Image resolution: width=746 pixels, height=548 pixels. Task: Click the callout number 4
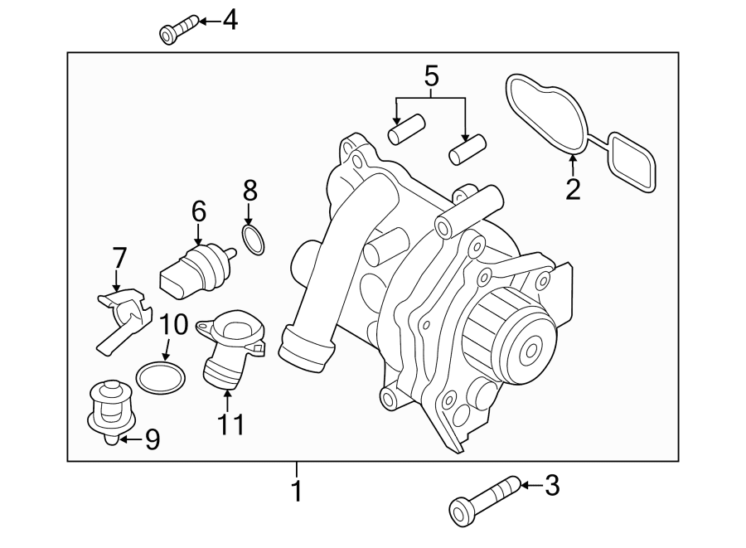pos(229,20)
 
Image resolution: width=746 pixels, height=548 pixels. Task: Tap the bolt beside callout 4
pos(177,29)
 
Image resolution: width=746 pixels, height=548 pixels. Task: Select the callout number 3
pos(551,485)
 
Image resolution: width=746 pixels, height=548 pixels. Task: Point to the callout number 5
pos(431,78)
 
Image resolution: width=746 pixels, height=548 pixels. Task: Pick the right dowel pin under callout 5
pos(466,152)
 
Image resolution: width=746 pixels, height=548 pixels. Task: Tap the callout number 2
pos(573,187)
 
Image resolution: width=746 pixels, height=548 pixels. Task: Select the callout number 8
pos(249,191)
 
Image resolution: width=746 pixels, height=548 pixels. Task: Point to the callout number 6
pos(198,211)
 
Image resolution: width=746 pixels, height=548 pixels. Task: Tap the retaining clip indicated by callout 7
pos(124,316)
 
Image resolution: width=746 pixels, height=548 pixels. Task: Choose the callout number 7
pos(119,257)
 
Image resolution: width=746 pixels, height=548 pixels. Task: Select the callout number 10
pos(174,324)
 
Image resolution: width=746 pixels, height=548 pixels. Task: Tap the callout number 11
pos(231,424)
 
